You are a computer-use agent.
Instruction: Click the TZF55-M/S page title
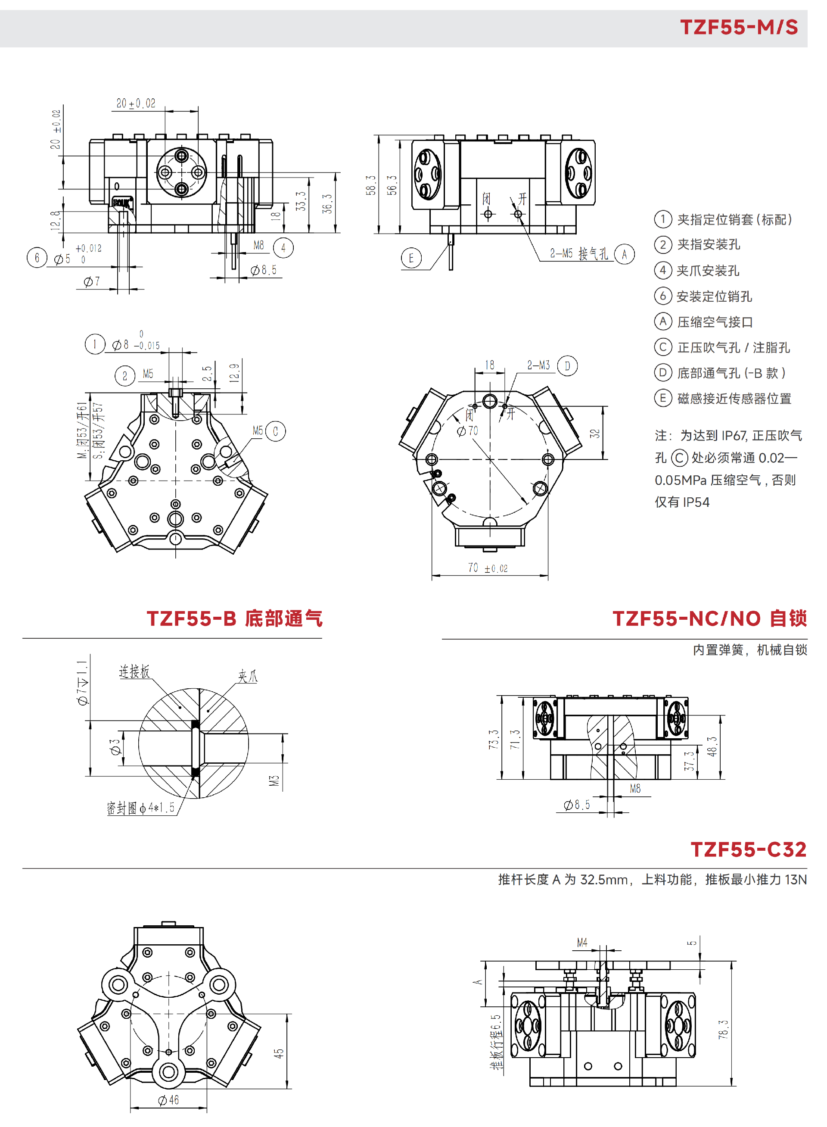(738, 27)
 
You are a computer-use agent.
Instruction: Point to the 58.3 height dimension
(370, 185)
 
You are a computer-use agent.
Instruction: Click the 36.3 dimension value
(327, 203)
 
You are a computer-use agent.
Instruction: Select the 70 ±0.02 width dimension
(488, 568)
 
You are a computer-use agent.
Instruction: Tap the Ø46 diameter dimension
(168, 1100)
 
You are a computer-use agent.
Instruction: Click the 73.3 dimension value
(494, 739)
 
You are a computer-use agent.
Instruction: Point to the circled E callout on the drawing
(411, 258)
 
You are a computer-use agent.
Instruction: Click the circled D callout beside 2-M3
(567, 365)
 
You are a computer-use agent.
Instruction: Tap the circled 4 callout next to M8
(283, 247)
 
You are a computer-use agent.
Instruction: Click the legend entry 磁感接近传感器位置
(734, 399)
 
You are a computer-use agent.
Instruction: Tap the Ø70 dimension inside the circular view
(468, 431)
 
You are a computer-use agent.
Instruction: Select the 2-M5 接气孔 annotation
(579, 253)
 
